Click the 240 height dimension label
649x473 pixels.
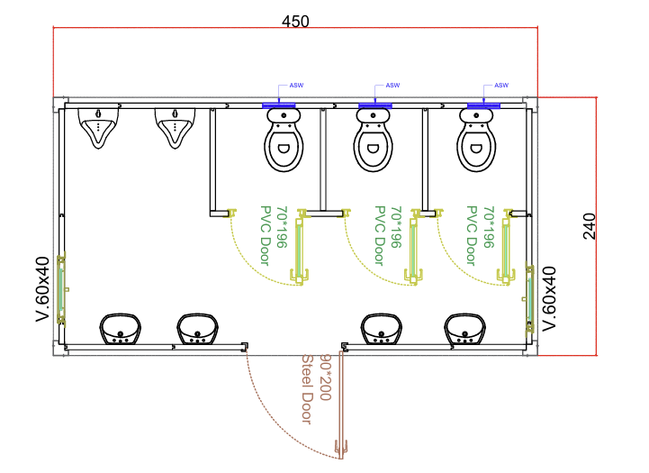tap(590, 226)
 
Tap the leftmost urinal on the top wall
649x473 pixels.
tap(98, 127)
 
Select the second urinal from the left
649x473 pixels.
tap(175, 127)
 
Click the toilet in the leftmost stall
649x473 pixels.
tap(283, 140)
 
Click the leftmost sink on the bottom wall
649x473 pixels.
tap(121, 329)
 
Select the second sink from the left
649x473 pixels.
tap(196, 329)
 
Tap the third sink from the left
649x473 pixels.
tap(382, 329)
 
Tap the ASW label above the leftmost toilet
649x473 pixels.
tap(295, 86)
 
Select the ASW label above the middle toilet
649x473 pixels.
tap(392, 86)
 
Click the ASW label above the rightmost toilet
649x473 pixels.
tap(501, 86)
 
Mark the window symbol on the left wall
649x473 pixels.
tap(62, 289)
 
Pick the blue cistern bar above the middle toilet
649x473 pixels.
tap(375, 106)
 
